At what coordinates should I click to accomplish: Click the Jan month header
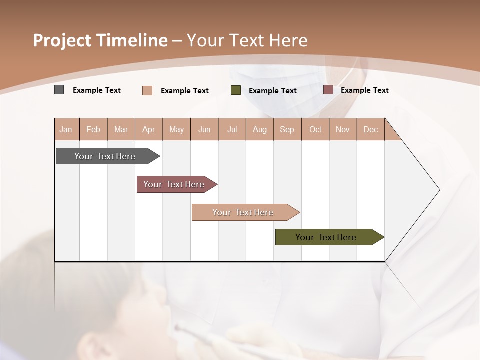coord(66,129)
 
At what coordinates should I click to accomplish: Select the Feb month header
coord(93,129)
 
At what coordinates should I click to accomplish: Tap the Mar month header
coord(121,129)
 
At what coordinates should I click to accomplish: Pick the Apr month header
coord(149,129)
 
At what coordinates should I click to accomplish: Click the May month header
coord(176,129)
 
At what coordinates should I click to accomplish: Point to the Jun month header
coord(204,129)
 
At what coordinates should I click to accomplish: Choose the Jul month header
coord(232,129)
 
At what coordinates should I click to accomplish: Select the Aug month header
coord(260,129)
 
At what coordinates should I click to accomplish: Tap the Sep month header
coord(287,129)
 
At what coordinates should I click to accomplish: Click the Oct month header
coord(315,129)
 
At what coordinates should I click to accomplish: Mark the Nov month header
coord(343,129)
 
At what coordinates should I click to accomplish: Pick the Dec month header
coord(371,129)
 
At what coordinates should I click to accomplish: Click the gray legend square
coord(59,90)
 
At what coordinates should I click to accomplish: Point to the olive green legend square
coord(236,90)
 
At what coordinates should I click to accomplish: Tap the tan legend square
coord(147,90)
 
